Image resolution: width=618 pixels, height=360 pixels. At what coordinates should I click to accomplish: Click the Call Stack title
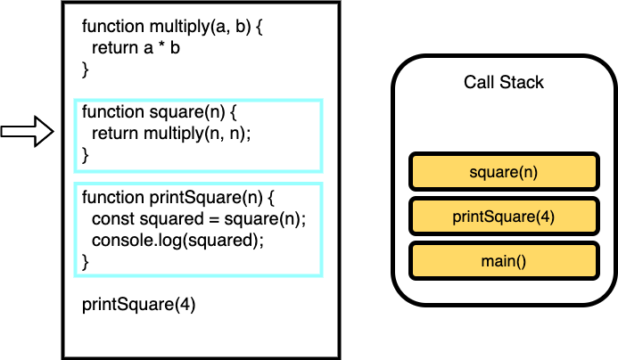(504, 82)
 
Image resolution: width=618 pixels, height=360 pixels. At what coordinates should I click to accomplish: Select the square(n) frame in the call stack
(504, 172)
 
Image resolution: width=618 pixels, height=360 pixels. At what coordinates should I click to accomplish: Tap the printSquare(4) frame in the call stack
(504, 217)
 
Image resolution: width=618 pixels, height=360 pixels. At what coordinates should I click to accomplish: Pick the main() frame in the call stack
(504, 261)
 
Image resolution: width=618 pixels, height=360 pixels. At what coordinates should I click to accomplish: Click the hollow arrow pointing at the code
(27, 132)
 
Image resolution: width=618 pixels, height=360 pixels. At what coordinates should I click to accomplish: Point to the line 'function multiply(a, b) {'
(172, 27)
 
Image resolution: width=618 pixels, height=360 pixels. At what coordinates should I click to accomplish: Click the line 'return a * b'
(136, 48)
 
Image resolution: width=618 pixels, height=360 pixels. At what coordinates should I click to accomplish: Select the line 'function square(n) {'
(160, 112)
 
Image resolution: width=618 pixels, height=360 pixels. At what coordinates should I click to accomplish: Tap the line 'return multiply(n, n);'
(171, 134)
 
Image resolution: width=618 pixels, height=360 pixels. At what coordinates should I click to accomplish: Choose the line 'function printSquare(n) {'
(178, 197)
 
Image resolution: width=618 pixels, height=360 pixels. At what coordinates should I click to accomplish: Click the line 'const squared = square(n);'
(199, 218)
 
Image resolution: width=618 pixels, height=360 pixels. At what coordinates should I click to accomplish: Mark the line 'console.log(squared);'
(177, 241)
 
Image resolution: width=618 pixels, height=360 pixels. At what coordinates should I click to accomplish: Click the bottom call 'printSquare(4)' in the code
(139, 305)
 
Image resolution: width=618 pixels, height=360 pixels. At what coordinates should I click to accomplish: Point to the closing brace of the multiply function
(85, 70)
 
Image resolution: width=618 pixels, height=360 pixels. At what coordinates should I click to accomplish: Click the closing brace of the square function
(85, 155)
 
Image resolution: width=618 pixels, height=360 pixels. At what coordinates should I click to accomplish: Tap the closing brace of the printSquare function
(85, 262)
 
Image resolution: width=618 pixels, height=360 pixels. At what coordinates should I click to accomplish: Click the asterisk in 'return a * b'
(161, 46)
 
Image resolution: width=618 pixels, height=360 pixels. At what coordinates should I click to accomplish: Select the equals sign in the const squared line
(214, 219)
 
